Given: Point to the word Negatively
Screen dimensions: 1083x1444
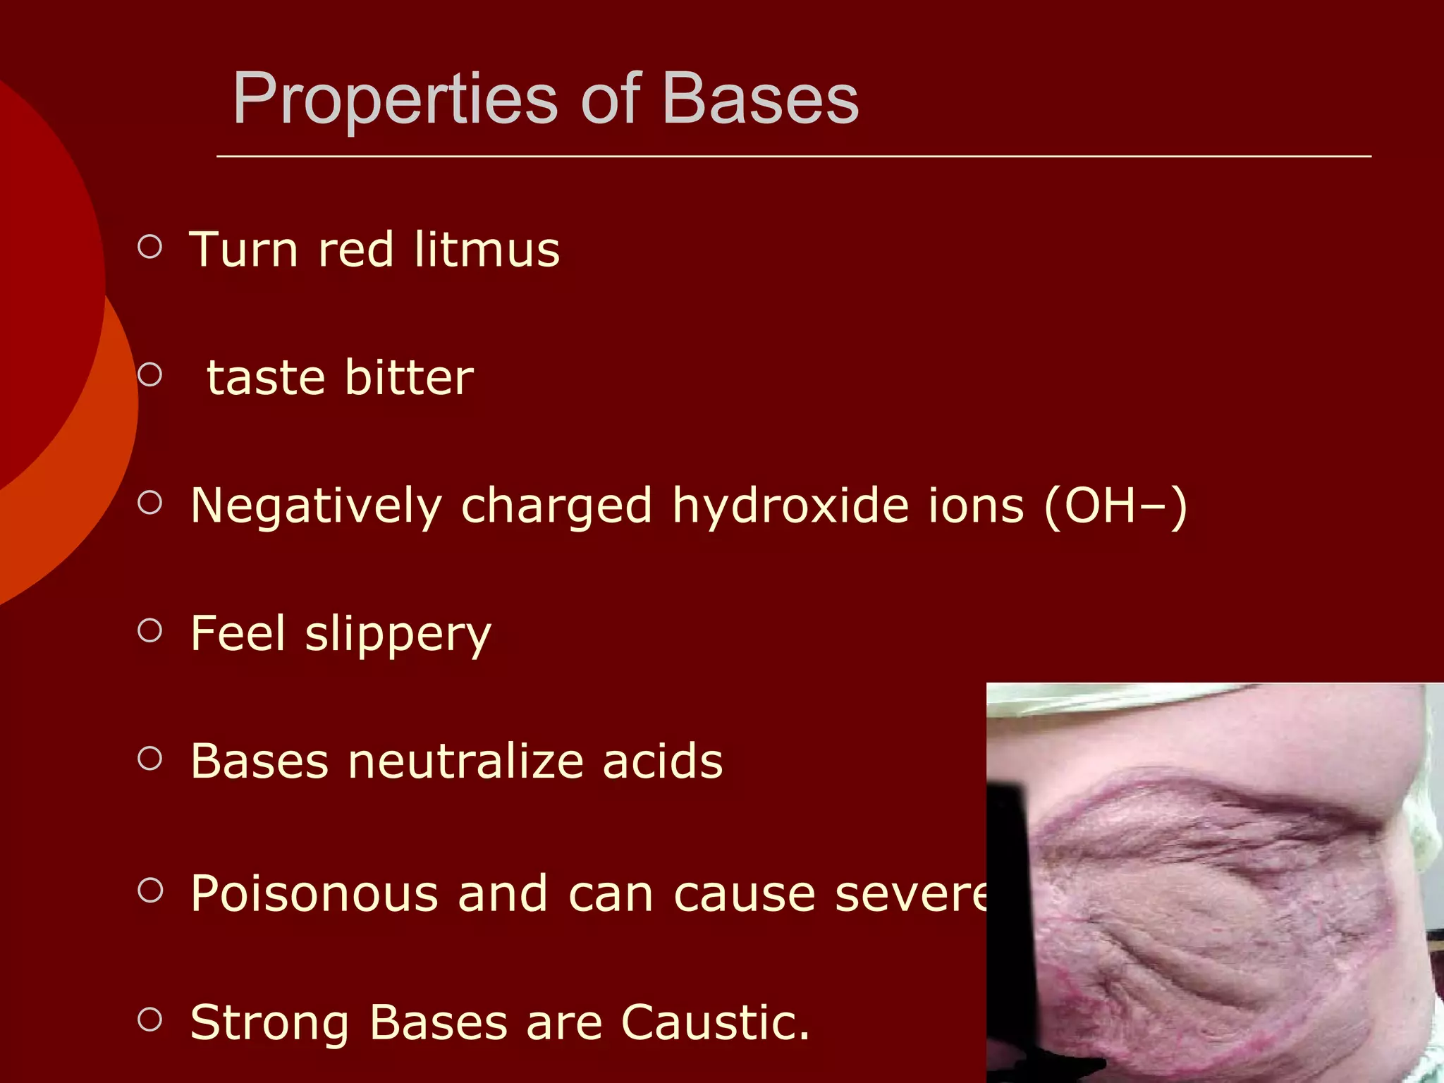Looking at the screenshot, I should tap(316, 506).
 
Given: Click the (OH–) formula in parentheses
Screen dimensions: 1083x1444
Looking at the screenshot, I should tap(1115, 506).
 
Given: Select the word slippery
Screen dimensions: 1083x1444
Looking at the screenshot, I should tap(398, 634).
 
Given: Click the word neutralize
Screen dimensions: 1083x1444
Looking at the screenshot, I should tap(465, 761).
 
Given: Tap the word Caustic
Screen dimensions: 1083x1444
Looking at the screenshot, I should tap(715, 1022).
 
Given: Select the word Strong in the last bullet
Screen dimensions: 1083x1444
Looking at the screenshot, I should tap(269, 1022).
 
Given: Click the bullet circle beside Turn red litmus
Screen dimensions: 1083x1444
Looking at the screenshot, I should tap(149, 247).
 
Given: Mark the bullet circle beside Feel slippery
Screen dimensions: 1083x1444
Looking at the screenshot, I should tap(149, 630).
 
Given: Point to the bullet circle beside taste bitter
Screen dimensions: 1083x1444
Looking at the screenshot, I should tap(149, 374).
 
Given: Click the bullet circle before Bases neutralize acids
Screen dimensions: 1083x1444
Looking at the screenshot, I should tap(149, 758).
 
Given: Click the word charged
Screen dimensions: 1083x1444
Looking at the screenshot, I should tap(556, 506).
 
